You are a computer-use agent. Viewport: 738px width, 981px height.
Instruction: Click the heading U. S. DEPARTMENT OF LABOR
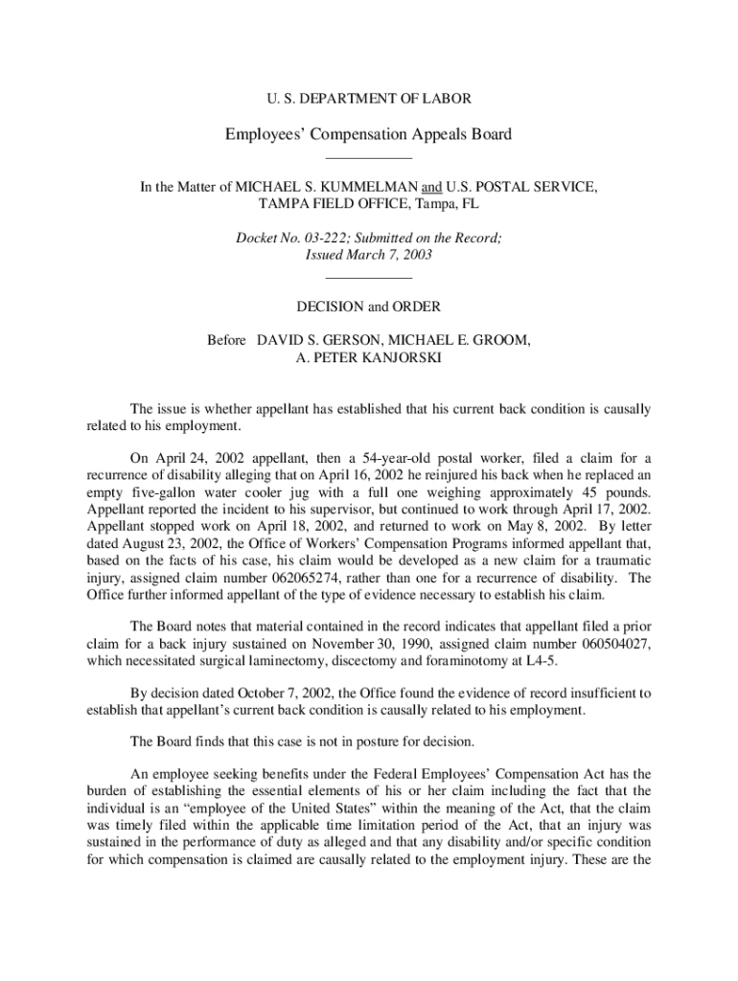(x=368, y=98)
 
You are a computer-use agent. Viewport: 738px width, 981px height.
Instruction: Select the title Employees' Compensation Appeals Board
(x=368, y=134)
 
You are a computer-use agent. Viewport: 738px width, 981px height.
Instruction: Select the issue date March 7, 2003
(x=389, y=255)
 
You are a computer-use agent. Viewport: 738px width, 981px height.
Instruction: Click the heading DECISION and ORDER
(x=369, y=307)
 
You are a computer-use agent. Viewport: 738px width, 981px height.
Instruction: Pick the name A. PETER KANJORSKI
(x=369, y=358)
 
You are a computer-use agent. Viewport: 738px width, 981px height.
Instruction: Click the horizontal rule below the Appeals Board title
(x=369, y=156)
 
